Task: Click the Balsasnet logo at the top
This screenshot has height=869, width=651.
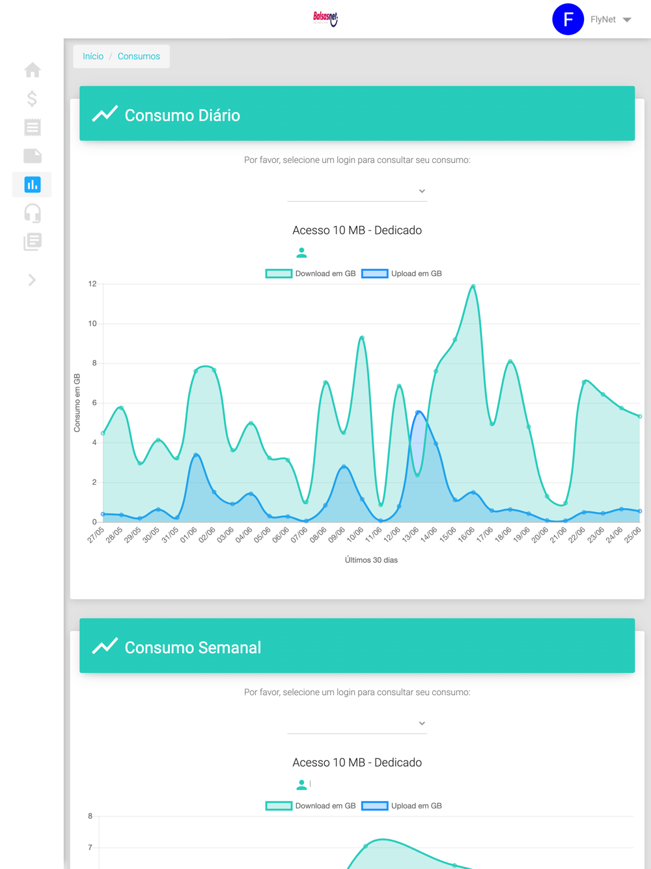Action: (x=325, y=18)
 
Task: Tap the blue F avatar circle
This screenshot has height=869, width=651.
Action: (x=568, y=20)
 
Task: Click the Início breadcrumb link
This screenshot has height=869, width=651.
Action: (x=93, y=57)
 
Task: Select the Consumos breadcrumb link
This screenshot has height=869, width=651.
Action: (x=139, y=57)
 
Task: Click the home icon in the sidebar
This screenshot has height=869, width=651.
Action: (x=33, y=70)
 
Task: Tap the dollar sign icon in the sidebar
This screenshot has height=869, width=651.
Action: (x=33, y=98)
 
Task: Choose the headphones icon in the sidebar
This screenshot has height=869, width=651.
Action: (x=33, y=213)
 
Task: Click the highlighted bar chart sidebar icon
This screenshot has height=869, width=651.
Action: (x=33, y=184)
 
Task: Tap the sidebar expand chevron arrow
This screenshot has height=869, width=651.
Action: (x=32, y=280)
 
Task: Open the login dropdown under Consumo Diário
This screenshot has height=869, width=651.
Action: (x=357, y=192)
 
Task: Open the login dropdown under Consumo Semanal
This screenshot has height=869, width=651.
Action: (x=357, y=724)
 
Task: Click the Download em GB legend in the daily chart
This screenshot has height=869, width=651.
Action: (x=311, y=274)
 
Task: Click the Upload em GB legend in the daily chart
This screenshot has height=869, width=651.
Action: (x=402, y=274)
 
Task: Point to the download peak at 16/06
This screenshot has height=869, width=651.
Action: (x=473, y=286)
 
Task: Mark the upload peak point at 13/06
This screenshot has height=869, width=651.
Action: (x=418, y=412)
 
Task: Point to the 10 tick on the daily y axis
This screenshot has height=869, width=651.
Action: (x=92, y=324)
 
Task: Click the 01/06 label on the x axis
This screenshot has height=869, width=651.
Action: (x=188, y=535)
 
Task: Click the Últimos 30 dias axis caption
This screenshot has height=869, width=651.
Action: (x=371, y=560)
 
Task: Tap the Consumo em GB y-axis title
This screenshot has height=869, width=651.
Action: (x=77, y=403)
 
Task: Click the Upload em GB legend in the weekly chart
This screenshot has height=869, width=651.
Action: (x=402, y=806)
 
